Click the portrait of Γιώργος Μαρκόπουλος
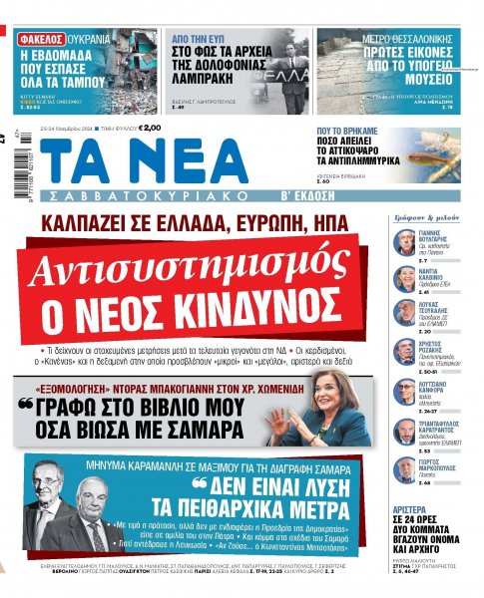click(x=404, y=467)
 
